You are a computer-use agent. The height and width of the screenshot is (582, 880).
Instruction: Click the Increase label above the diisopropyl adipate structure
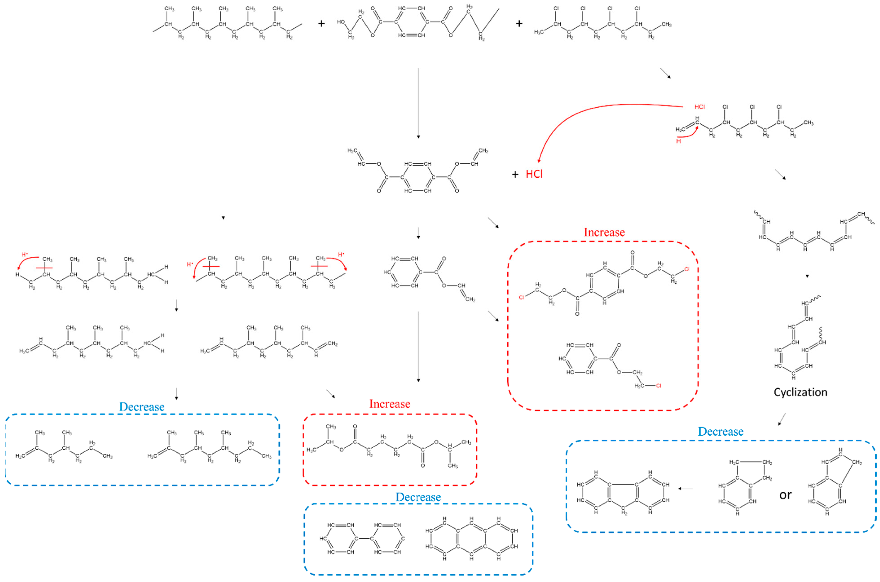pyautogui.click(x=390, y=404)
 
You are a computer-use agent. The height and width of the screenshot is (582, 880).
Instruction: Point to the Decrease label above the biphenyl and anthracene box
pyautogui.click(x=418, y=497)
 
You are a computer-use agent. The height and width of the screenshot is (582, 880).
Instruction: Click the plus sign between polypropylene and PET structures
pyautogui.click(x=321, y=24)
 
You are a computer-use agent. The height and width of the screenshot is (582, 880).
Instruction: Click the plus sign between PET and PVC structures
pyautogui.click(x=519, y=24)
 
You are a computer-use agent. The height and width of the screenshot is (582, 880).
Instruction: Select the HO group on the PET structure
pyautogui.click(x=341, y=22)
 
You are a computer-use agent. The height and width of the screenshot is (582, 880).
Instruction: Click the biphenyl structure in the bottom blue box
pyautogui.click(x=362, y=538)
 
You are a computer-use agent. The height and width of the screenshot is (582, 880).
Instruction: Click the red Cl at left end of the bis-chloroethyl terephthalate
pyautogui.click(x=521, y=297)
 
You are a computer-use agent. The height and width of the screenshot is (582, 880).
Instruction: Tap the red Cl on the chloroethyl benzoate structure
pyautogui.click(x=658, y=386)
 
